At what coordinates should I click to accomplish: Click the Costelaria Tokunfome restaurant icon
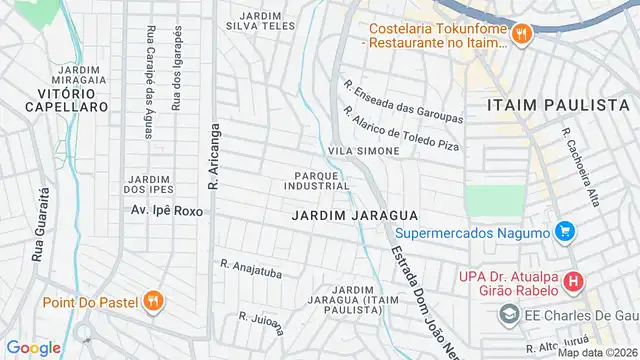click(521, 35)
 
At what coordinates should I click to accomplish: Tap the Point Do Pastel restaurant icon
click(151, 301)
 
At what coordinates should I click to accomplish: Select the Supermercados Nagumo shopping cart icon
click(565, 232)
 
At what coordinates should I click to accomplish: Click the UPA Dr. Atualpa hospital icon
click(572, 282)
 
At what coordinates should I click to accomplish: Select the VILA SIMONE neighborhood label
click(364, 150)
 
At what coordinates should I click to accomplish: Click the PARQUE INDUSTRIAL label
click(316, 179)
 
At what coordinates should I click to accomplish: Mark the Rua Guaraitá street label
click(40, 225)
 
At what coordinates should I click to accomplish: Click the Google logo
click(33, 347)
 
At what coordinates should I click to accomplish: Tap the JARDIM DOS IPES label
click(147, 184)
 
